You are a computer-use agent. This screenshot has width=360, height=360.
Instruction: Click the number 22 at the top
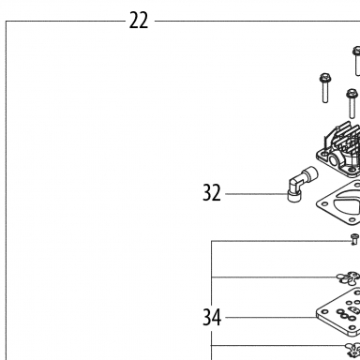pyautogui.click(x=139, y=21)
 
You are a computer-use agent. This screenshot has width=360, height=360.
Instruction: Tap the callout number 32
pyautogui.click(x=212, y=192)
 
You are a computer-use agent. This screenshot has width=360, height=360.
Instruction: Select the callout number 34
pyautogui.click(x=212, y=317)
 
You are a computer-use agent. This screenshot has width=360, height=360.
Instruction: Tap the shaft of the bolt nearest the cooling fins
pyautogui.click(x=352, y=108)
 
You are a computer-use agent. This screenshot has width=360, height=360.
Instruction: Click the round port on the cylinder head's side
pyautogui.click(x=333, y=161)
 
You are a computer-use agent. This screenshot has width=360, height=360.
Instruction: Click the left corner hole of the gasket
pyautogui.click(x=324, y=204)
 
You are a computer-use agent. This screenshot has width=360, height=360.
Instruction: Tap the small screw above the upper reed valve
pyautogui.click(x=354, y=239)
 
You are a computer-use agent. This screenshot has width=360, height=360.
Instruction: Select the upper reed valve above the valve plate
pyautogui.click(x=348, y=277)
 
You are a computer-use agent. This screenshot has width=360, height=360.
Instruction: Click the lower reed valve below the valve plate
pyautogui.click(x=352, y=350)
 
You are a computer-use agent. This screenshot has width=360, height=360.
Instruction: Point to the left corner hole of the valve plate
pyautogui.click(x=325, y=312)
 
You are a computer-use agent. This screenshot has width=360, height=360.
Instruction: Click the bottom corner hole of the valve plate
pyautogui.click(x=352, y=328)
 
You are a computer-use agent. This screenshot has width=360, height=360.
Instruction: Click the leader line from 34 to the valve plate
pyautogui.click(x=271, y=318)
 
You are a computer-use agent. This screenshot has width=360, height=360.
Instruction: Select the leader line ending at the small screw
pyautogui.click(x=281, y=241)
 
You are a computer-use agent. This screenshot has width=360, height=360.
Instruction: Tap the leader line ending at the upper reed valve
pyautogui.click(x=274, y=277)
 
